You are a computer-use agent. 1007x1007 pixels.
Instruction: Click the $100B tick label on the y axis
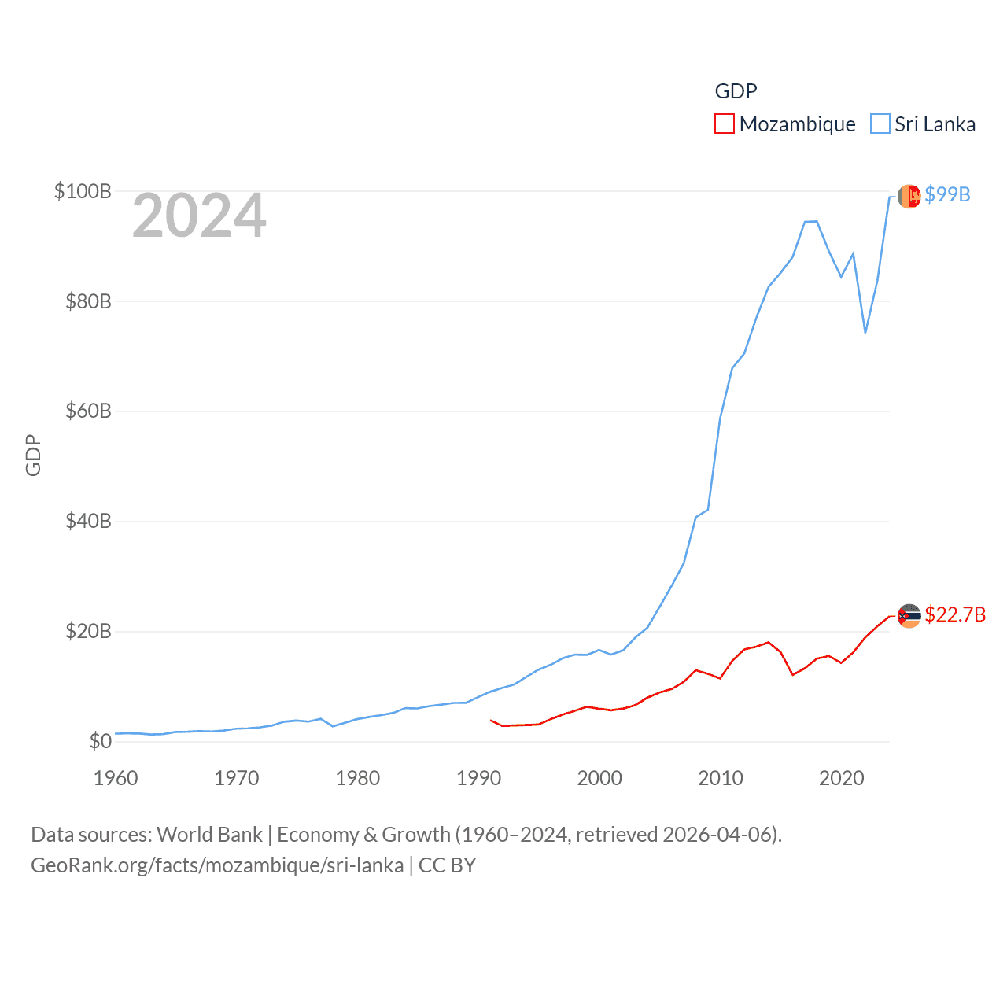click(x=83, y=191)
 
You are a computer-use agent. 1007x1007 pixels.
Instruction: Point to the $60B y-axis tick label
click(x=88, y=411)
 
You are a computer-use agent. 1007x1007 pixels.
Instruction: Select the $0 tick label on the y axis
click(x=100, y=741)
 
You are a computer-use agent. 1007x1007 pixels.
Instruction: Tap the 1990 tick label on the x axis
click(x=478, y=778)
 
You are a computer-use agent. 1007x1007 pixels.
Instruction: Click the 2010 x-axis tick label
click(x=721, y=778)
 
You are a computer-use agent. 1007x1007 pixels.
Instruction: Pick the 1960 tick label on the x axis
click(x=116, y=778)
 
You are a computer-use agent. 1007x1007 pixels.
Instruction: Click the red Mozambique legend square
click(x=724, y=124)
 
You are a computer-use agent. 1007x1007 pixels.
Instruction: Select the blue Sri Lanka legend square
click(x=880, y=124)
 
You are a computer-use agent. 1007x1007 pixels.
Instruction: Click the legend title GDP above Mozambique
click(x=736, y=91)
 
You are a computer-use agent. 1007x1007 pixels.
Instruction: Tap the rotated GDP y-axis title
click(x=33, y=455)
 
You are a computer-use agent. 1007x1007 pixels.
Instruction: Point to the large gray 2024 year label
click(x=199, y=216)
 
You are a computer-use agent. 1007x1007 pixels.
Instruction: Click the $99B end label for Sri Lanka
click(x=947, y=194)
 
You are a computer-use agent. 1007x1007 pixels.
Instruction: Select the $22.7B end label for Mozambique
click(x=955, y=614)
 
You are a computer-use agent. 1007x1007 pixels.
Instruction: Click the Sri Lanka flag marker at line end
click(x=909, y=196)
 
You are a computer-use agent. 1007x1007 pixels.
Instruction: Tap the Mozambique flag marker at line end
click(x=909, y=615)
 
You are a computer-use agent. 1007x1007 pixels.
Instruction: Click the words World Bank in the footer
click(x=210, y=835)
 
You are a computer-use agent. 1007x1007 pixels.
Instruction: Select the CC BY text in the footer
click(x=447, y=865)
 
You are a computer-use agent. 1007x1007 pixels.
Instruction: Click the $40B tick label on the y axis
click(x=88, y=521)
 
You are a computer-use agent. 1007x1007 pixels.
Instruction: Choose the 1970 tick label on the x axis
click(x=237, y=778)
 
